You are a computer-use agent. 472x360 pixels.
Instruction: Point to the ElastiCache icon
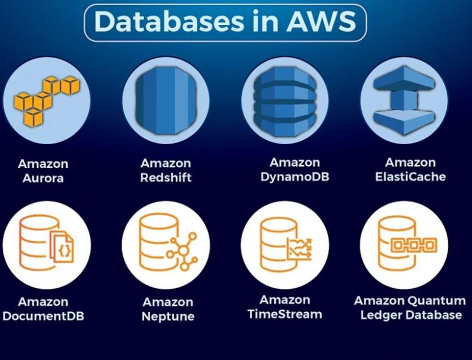pos(404,101)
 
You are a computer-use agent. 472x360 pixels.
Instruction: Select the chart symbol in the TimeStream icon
pos(300,249)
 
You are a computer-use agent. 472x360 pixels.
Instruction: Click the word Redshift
pos(166,177)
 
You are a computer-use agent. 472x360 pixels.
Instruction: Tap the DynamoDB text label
pos(295,177)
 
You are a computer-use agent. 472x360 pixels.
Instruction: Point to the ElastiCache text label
pos(410,177)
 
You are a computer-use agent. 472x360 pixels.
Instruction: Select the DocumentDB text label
pos(43,316)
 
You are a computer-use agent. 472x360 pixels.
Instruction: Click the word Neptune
pos(168,316)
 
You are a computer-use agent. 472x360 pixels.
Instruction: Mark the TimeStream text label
pos(284,314)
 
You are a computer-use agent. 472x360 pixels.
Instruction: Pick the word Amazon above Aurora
pos(43,164)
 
